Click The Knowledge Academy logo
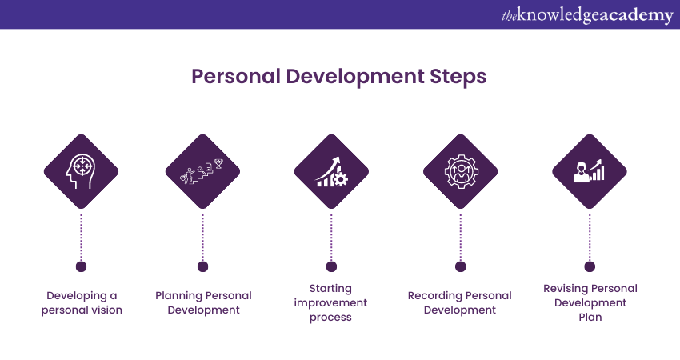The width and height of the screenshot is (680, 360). pos(587,15)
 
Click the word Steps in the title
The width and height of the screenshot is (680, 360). pos(458,76)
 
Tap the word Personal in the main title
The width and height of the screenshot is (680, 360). pos(236,76)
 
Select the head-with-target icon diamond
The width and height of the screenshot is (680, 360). pos(81,171)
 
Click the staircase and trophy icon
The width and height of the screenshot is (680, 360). pos(202,171)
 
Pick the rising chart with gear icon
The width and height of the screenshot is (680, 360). pos(331,171)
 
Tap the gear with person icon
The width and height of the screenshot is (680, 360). pos(461,171)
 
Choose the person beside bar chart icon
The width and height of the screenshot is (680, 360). pos(590,171)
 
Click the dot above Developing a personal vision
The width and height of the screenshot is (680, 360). pos(81,266)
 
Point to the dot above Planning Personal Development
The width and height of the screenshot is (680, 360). pos(202,266)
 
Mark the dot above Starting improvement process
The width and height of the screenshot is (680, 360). pos(331,266)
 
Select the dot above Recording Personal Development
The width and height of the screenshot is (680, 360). pos(461,266)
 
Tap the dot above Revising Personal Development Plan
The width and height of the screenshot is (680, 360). pos(590,266)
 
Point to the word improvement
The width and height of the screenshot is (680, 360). pos(330,303)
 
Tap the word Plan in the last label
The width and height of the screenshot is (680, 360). pos(590,317)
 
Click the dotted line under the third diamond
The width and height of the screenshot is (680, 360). pos(331,238)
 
